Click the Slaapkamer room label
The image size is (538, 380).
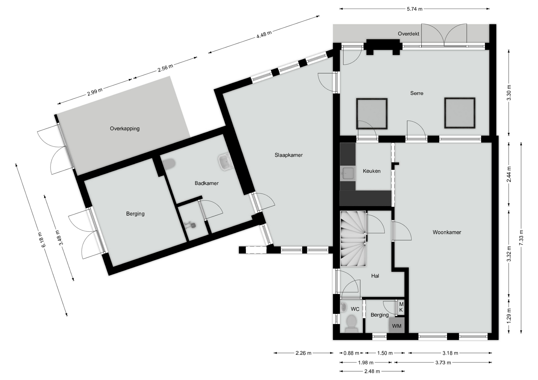click(x=289, y=155)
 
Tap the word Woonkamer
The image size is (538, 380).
click(x=447, y=232)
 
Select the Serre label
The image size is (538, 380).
click(x=417, y=93)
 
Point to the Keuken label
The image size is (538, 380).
click(x=372, y=171)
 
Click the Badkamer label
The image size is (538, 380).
click(x=207, y=183)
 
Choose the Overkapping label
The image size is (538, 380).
click(x=125, y=129)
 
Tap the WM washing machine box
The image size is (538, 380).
click(x=397, y=325)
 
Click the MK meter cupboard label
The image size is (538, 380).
click(x=401, y=307)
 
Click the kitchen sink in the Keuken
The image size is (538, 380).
click(x=348, y=173)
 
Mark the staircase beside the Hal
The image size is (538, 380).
click(x=353, y=239)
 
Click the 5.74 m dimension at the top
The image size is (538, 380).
click(x=415, y=9)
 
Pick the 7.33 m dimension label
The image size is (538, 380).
click(x=521, y=238)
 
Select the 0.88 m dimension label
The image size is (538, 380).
click(x=351, y=353)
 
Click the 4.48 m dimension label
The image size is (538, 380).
click(x=264, y=34)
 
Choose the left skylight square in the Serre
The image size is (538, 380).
click(x=372, y=113)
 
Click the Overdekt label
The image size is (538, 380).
click(x=409, y=34)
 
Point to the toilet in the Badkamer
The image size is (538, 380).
click(x=169, y=164)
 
